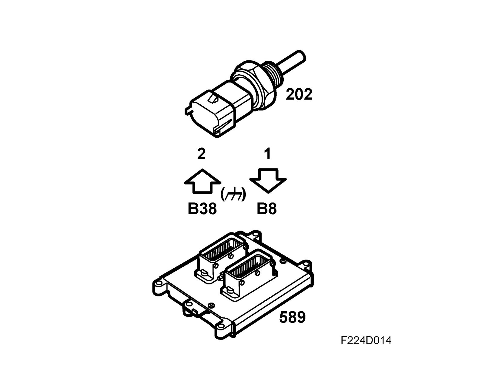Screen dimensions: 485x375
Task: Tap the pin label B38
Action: coord(202,209)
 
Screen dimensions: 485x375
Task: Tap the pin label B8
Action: coord(267,209)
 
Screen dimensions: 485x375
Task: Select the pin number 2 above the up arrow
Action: coord(201,154)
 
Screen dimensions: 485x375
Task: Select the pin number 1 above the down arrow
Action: coord(267,154)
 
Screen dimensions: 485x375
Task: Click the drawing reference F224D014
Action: coord(366,340)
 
